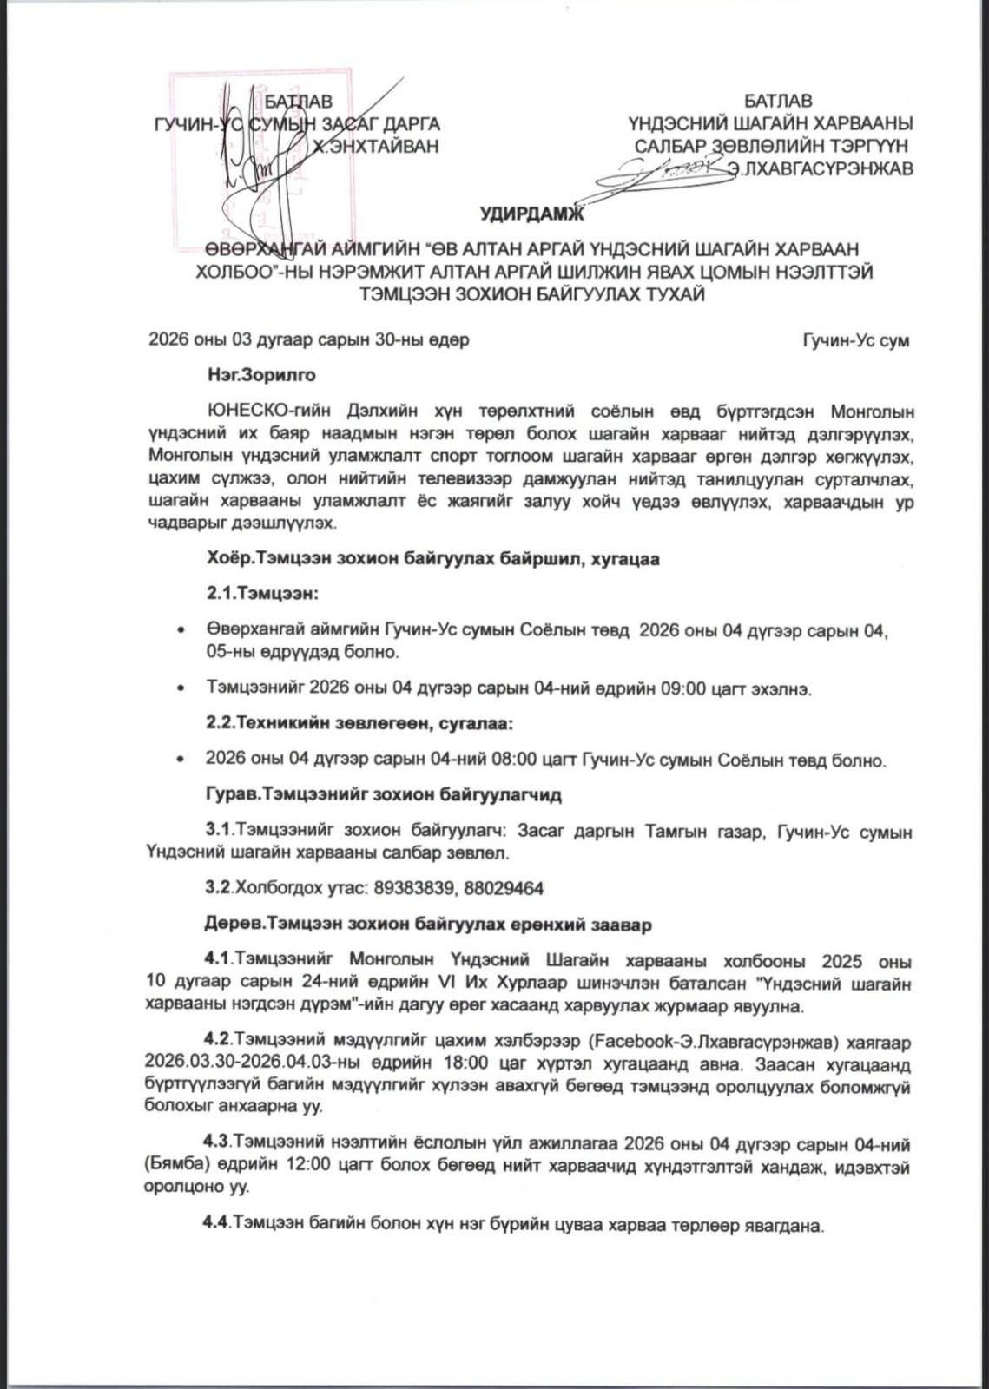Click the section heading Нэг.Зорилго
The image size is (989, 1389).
pos(260,376)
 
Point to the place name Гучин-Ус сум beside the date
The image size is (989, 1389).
pos(856,340)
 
